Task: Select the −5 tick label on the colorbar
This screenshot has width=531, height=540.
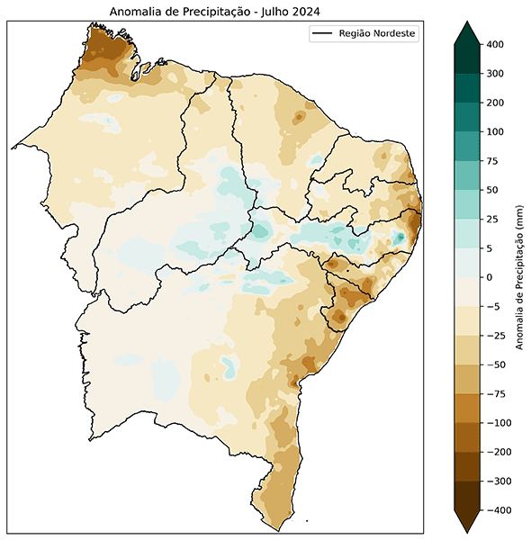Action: point(492,307)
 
